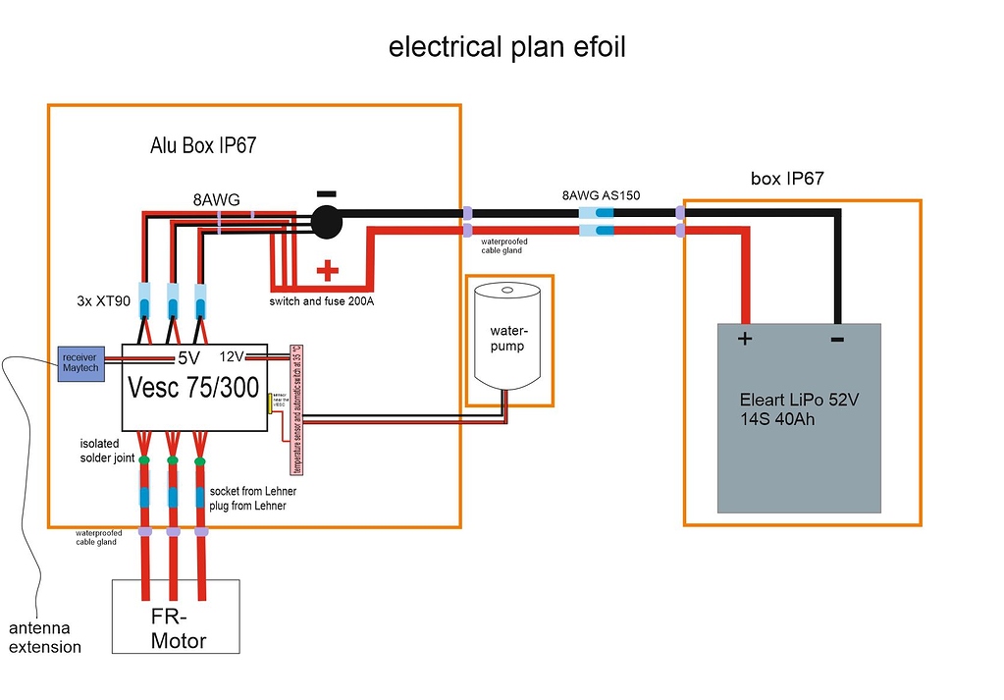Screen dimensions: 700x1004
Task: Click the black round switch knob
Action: click(x=326, y=222)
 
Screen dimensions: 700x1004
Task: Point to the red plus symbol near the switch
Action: click(x=327, y=269)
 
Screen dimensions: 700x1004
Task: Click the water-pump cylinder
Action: click(x=508, y=334)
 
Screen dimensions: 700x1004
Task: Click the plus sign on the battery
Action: click(x=743, y=341)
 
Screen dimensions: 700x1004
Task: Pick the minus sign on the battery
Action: click(x=837, y=339)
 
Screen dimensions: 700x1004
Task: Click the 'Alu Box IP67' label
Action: click(x=203, y=146)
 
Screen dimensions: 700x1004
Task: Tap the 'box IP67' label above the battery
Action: click(x=787, y=179)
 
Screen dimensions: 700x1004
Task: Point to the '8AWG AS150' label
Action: click(x=601, y=195)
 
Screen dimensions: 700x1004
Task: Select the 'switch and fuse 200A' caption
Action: click(x=321, y=301)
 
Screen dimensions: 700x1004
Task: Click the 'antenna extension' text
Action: click(x=45, y=637)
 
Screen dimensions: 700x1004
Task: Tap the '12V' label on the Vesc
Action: click(x=232, y=355)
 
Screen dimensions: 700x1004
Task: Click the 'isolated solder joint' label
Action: click(x=106, y=451)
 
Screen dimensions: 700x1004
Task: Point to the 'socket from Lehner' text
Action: click(x=253, y=490)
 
